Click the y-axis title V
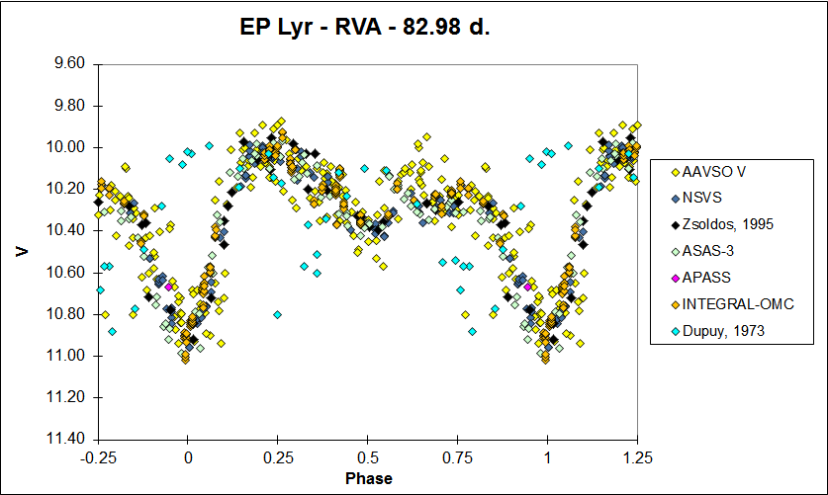click(22, 251)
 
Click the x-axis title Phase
click(369, 479)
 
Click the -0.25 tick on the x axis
click(98, 457)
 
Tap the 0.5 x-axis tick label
click(368, 457)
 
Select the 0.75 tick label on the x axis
click(457, 457)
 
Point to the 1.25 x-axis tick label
click(637, 457)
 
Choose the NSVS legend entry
click(702, 198)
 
